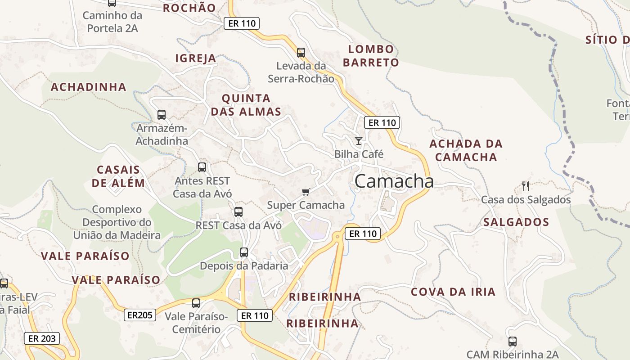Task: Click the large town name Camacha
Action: point(394,181)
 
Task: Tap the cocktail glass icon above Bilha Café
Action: point(358,141)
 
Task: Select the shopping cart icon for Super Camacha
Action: point(306,192)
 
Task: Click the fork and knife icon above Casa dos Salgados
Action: point(525,186)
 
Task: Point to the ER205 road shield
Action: point(140,315)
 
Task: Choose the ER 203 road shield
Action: point(42,338)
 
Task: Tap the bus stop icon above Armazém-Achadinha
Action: point(162,115)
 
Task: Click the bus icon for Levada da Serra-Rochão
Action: point(301,53)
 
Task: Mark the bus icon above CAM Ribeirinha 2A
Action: point(512,342)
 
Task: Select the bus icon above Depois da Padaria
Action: point(244,252)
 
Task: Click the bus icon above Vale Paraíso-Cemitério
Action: point(196,303)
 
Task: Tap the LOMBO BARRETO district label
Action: point(371,56)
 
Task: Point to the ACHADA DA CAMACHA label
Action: point(466,150)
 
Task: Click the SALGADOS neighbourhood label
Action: point(516,222)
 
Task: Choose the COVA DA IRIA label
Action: point(453,292)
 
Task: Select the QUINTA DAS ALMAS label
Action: point(246,105)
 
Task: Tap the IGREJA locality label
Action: point(196,58)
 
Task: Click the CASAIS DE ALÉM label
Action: point(118,176)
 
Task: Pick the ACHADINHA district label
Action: point(89,87)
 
